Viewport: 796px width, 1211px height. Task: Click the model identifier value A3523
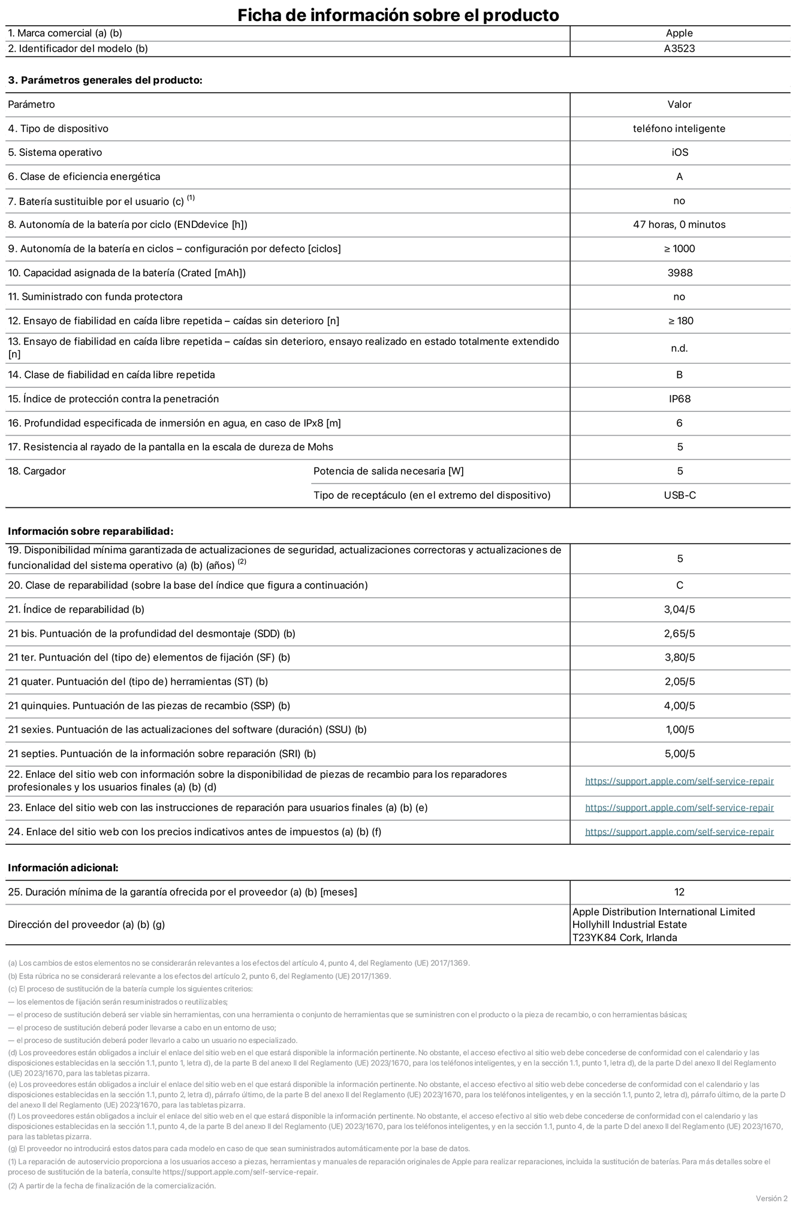[x=679, y=49]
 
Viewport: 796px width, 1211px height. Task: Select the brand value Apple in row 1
[x=679, y=33]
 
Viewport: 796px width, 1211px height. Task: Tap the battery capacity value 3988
[x=680, y=273]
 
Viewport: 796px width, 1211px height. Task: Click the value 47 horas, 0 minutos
[x=679, y=225]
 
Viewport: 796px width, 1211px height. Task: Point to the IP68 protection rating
[x=680, y=399]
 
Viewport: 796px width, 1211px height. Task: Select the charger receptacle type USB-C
[x=680, y=495]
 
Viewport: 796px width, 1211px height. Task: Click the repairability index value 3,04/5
[x=680, y=610]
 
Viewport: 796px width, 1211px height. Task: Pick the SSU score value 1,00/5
[x=680, y=730]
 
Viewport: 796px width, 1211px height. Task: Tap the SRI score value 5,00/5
[x=680, y=754]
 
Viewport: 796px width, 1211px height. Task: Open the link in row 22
[x=679, y=781]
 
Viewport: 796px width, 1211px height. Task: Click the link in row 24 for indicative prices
[x=679, y=832]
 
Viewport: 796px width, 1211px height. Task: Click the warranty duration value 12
[x=679, y=892]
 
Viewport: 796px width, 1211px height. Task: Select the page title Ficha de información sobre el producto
[x=398, y=15]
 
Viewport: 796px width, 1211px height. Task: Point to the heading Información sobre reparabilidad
[x=91, y=531]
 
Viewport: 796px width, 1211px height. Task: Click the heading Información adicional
[x=63, y=867]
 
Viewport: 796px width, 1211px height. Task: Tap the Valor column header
[x=679, y=104]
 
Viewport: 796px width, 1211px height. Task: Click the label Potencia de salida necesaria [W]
[x=388, y=471]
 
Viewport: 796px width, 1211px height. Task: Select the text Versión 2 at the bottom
[x=771, y=1198]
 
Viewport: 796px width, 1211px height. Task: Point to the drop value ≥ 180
[x=680, y=321]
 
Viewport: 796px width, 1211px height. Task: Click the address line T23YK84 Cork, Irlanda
[x=625, y=938]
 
